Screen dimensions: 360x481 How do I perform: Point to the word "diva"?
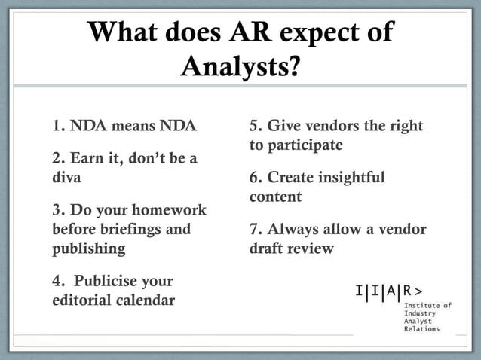coord(66,178)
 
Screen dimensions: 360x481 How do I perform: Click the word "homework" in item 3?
coord(170,209)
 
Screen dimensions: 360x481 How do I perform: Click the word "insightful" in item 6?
coord(347,178)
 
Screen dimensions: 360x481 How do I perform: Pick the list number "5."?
coord(256,126)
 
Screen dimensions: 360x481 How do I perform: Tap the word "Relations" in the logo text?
coord(421,329)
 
